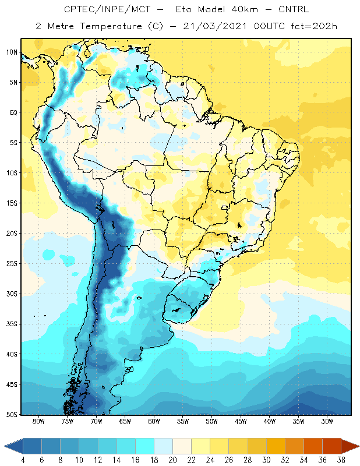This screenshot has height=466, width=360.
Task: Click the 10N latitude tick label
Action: [x=12, y=52]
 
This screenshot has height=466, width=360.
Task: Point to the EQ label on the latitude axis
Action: [x=13, y=112]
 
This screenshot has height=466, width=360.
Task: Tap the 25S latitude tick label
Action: [x=12, y=264]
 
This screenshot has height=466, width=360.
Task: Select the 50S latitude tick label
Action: [x=12, y=415]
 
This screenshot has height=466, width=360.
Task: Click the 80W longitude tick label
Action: [x=38, y=421]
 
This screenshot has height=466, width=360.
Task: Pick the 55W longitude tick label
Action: [x=183, y=421]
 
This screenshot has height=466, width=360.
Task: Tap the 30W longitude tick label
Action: [x=327, y=421]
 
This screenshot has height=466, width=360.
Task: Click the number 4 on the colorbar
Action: [x=23, y=460]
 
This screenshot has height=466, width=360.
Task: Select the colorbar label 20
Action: [x=172, y=460]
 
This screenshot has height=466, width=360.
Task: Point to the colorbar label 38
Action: [x=341, y=460]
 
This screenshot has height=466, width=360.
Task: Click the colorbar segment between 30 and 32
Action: [x=276, y=446]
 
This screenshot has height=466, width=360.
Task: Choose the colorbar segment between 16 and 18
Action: [x=145, y=446]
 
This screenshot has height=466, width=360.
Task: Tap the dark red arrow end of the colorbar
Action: [x=350, y=446]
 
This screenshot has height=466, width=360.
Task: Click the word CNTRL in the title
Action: [x=294, y=9]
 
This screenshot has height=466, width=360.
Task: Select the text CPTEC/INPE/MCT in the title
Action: [x=107, y=9]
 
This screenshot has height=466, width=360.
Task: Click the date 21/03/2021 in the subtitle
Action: [x=215, y=26]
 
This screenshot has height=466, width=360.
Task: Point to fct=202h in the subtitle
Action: [x=314, y=26]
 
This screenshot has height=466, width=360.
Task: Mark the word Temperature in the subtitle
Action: [x=111, y=26]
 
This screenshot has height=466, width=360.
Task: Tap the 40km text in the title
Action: [x=245, y=9]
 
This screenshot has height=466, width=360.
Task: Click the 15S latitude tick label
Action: [x=12, y=203]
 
